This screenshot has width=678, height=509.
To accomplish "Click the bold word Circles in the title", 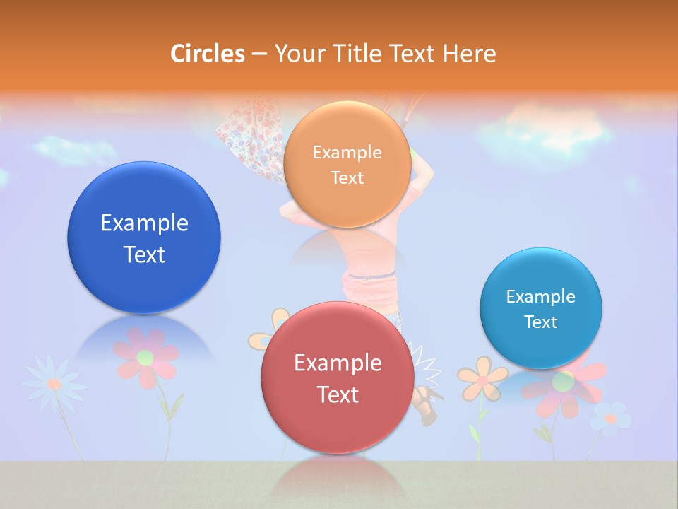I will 207,54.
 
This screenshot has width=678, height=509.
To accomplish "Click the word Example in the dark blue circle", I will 144,223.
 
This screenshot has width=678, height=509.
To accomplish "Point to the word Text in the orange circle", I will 347,177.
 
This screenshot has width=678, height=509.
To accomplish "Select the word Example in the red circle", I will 338,363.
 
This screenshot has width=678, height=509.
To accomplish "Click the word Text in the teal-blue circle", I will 541,322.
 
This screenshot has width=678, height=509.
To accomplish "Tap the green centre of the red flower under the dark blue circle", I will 145,357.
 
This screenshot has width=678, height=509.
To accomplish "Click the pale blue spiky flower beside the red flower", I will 54,383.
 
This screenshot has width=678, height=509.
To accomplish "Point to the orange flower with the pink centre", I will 482,378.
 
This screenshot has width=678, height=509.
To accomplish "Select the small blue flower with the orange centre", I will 610,418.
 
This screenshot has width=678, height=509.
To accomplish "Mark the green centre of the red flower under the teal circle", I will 563,382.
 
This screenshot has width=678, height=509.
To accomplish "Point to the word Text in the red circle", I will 338,394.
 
